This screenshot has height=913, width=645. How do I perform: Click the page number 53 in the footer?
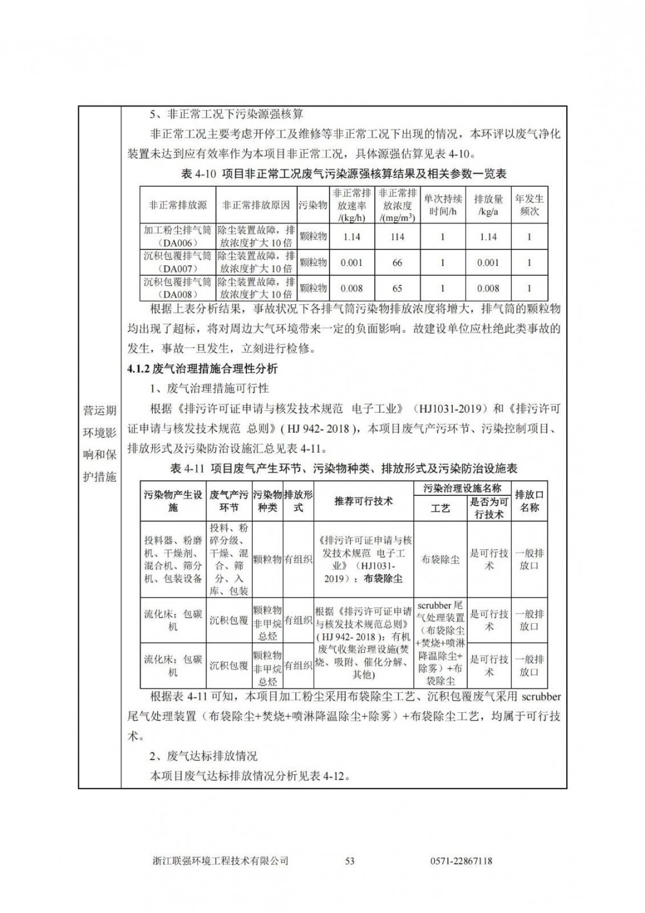click(x=350, y=860)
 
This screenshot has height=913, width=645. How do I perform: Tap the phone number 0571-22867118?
click(x=461, y=860)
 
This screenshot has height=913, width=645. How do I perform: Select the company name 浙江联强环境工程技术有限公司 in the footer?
click(x=221, y=860)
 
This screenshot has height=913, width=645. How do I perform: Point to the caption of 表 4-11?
click(x=343, y=468)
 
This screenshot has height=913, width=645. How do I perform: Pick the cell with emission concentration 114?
click(x=397, y=237)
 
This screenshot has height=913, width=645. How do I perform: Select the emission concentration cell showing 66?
click(x=397, y=263)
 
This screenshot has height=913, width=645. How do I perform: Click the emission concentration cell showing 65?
click(x=397, y=289)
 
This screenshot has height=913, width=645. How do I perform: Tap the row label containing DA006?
click(x=177, y=237)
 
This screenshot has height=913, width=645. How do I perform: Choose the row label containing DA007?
click(x=177, y=263)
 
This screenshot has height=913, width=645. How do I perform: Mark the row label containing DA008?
click(x=177, y=289)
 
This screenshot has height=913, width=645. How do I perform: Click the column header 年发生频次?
click(x=530, y=205)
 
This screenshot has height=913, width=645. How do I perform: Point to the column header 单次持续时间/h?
click(x=443, y=205)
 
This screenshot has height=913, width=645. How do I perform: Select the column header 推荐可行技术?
click(x=364, y=501)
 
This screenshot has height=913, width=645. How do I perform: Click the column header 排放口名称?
click(x=530, y=501)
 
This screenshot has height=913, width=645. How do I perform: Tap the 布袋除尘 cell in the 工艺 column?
click(x=441, y=560)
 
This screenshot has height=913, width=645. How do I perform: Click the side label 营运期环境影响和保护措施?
click(x=100, y=444)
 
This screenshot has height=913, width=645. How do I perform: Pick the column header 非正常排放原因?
click(x=256, y=205)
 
